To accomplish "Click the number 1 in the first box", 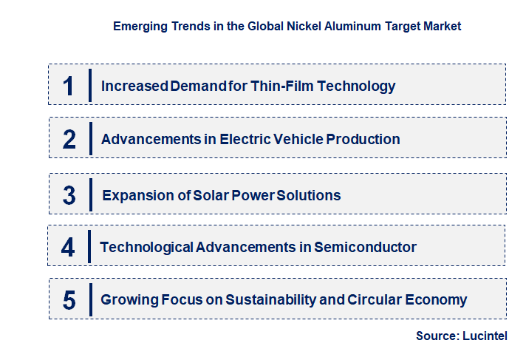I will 69,86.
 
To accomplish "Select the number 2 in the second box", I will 69,139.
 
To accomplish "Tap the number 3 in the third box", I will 69,195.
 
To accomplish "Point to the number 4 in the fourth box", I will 68,247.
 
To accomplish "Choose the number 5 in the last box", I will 69,300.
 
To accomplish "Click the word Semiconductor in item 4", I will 365,247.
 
